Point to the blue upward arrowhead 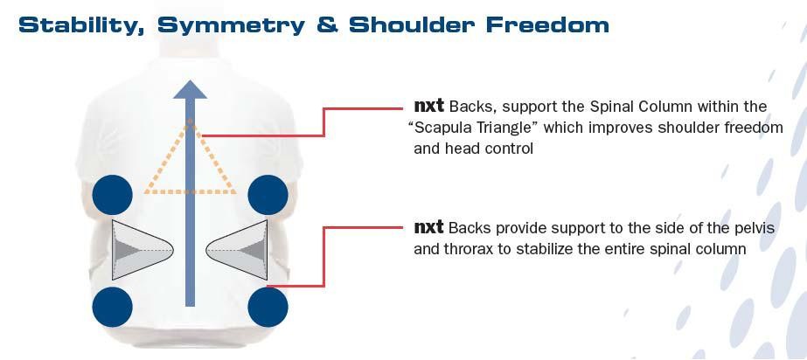point(190,87)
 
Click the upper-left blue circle point(112,195)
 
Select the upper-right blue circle point(268,195)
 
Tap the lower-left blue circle point(112,307)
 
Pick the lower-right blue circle point(268,307)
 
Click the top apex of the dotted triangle point(190,121)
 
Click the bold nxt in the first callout point(428,106)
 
